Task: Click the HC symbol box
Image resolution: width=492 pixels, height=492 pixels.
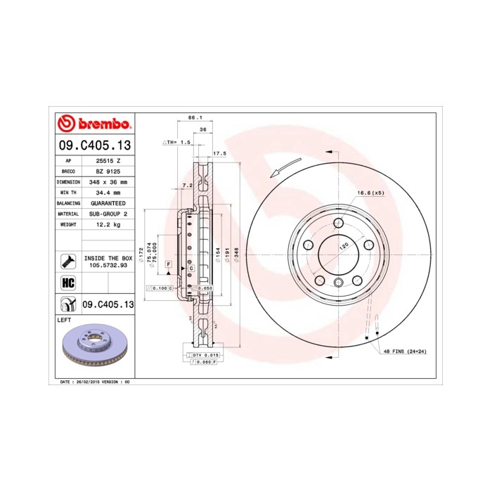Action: coord(69,282)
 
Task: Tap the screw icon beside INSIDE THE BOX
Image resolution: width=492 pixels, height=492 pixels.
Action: coord(69,261)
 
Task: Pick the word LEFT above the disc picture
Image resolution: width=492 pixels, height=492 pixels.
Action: coord(64,319)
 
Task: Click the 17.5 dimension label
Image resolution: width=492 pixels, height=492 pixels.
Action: coord(219,153)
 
